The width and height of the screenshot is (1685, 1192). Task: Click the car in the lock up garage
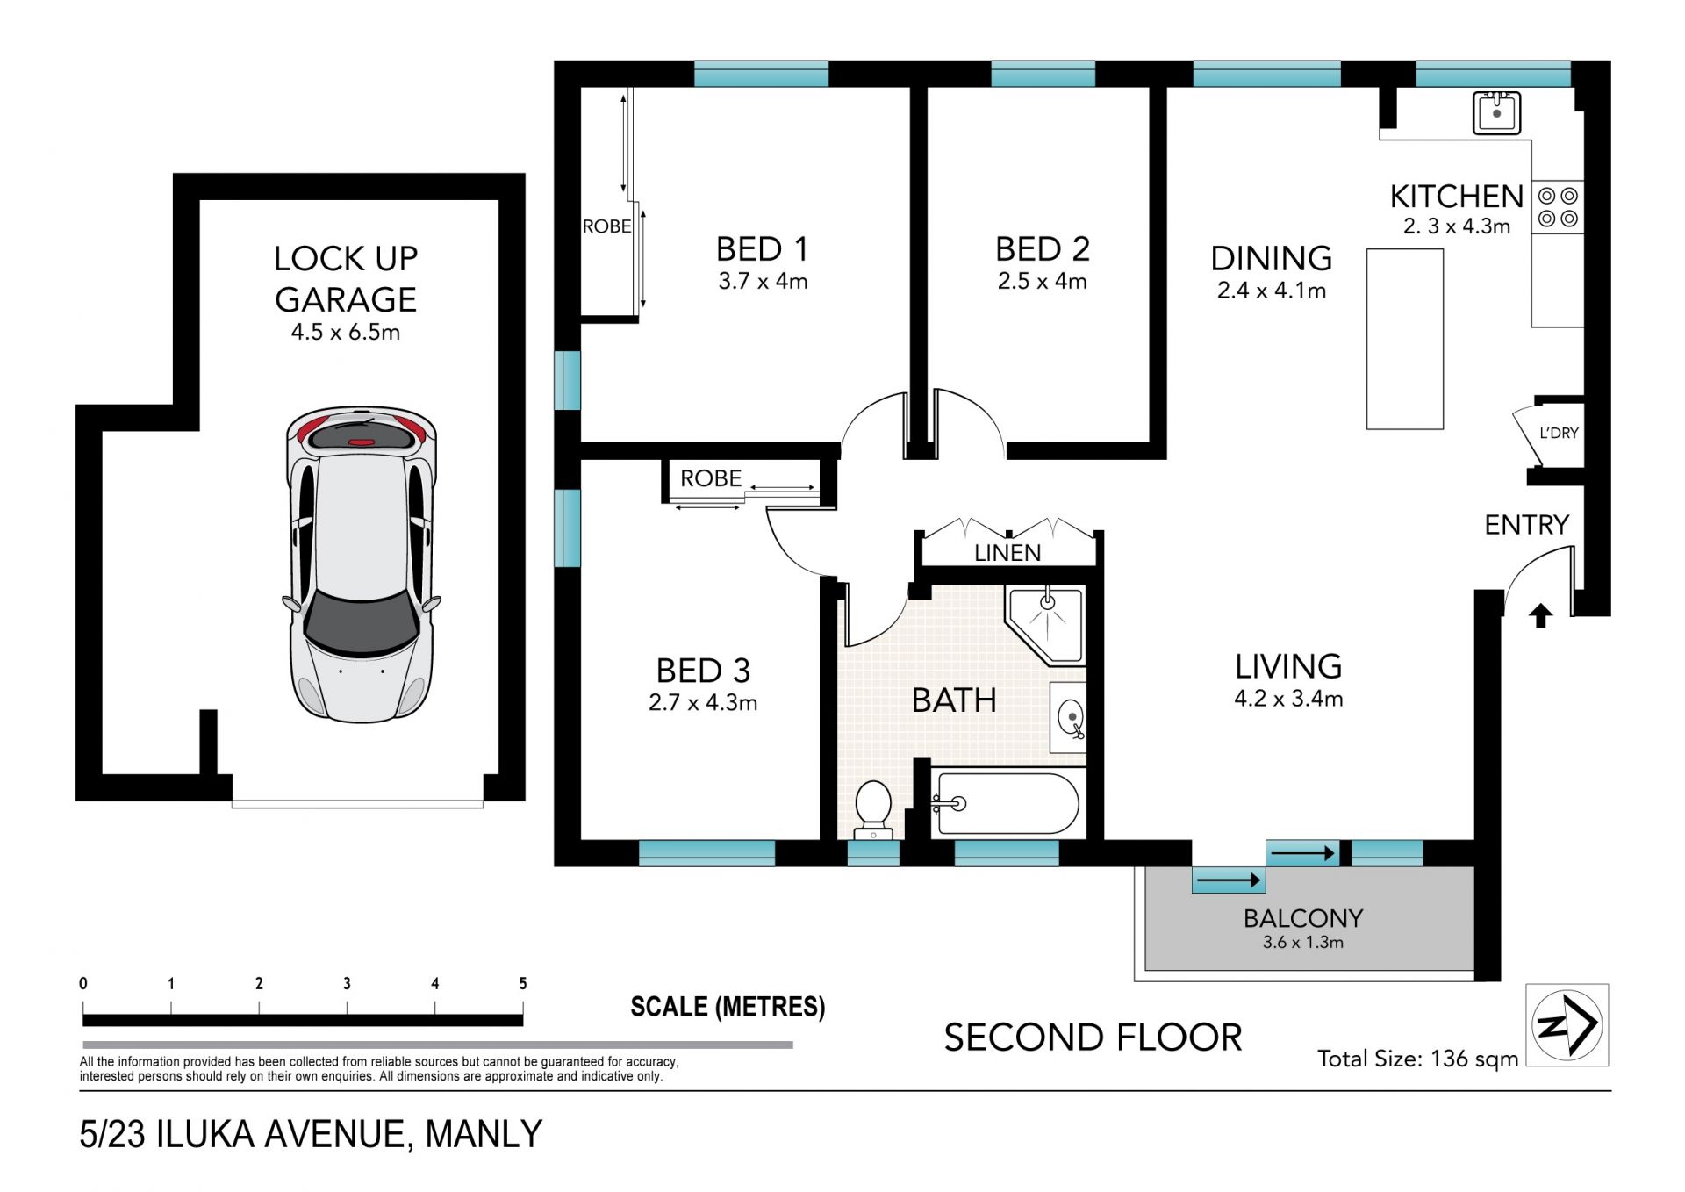coord(362,564)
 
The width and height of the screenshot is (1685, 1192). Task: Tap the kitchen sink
coord(1496,112)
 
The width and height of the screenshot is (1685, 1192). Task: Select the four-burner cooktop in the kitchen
coord(1558,207)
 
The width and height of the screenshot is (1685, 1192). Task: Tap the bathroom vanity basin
coord(1069,717)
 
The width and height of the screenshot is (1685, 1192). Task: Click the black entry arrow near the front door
coord(1540,615)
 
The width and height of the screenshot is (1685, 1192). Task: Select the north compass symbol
coord(1567,1024)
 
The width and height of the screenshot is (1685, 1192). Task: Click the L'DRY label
coord(1559,433)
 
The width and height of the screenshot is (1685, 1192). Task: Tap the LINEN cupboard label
coord(1007,553)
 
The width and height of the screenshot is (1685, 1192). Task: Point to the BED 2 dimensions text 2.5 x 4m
coord(1042,281)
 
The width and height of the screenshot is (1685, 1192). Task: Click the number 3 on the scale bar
coord(347,983)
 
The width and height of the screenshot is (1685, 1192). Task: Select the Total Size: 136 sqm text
coord(1417,1059)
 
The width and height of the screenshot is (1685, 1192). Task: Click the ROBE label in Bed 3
coord(711,478)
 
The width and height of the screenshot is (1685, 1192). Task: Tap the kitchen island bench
coord(1404,339)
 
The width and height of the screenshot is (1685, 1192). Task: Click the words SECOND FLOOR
coord(1093,1038)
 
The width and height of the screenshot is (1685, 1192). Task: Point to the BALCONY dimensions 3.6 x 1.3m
coord(1302,943)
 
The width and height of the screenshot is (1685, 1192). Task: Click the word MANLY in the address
coord(484,1134)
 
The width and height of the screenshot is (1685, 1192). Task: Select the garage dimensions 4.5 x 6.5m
coord(346,332)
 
